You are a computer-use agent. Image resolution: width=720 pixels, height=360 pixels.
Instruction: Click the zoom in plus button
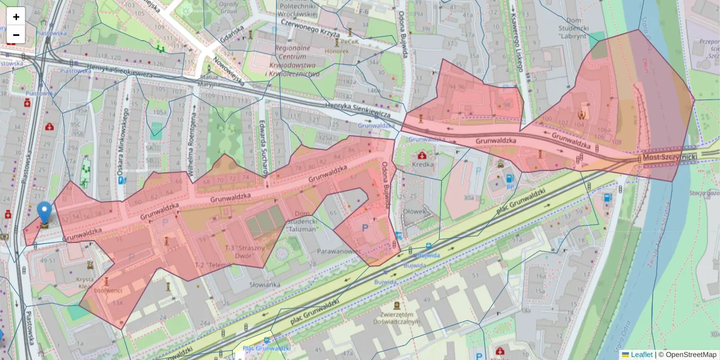pos(16,17)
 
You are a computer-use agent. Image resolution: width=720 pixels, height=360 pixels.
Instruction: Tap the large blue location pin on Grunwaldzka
pos(44,213)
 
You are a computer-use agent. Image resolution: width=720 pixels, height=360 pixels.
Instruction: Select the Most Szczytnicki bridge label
pos(669,157)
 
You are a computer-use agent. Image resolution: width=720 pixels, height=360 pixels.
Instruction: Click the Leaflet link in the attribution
pos(641,355)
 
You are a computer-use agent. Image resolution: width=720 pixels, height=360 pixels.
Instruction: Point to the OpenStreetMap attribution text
pos(690,355)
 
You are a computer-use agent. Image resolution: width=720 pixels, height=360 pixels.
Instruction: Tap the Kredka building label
pos(424,164)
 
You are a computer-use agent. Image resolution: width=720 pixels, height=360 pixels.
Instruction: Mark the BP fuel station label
pos(511,187)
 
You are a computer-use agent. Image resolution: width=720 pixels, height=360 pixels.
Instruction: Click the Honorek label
pos(337,51)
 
